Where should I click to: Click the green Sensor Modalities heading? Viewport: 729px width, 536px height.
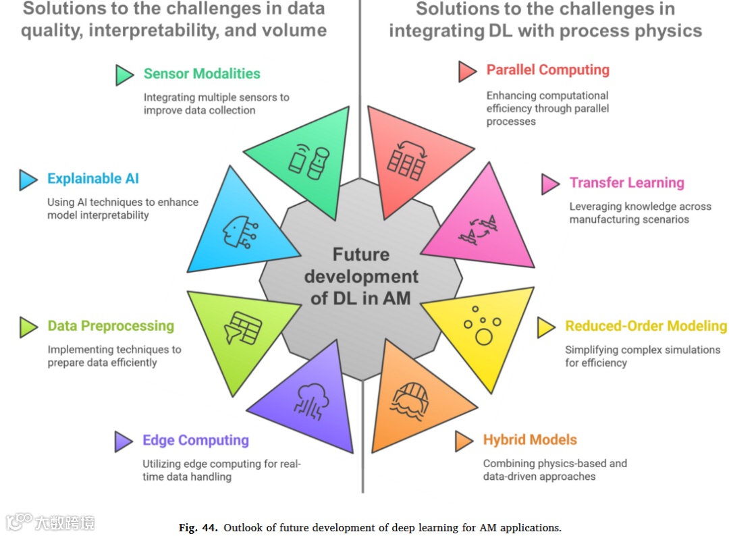point(202,74)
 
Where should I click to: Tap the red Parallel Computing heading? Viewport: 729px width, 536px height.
point(547,70)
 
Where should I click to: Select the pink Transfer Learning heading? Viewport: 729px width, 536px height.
point(626,182)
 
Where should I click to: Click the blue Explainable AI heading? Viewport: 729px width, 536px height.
point(93,179)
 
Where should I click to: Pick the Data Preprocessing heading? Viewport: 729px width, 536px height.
point(111,326)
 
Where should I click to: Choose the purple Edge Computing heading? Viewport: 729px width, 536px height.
point(195,441)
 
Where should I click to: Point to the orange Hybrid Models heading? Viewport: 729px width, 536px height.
point(530,440)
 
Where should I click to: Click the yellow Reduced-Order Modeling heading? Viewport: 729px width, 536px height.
point(646,326)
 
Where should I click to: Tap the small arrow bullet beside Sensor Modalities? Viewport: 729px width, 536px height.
point(124,74)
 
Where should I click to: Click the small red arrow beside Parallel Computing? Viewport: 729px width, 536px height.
point(467,71)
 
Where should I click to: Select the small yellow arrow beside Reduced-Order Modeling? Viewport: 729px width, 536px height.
point(545,327)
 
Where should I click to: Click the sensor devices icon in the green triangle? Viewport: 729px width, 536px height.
point(308,161)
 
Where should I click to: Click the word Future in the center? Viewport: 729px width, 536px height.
point(360,254)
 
